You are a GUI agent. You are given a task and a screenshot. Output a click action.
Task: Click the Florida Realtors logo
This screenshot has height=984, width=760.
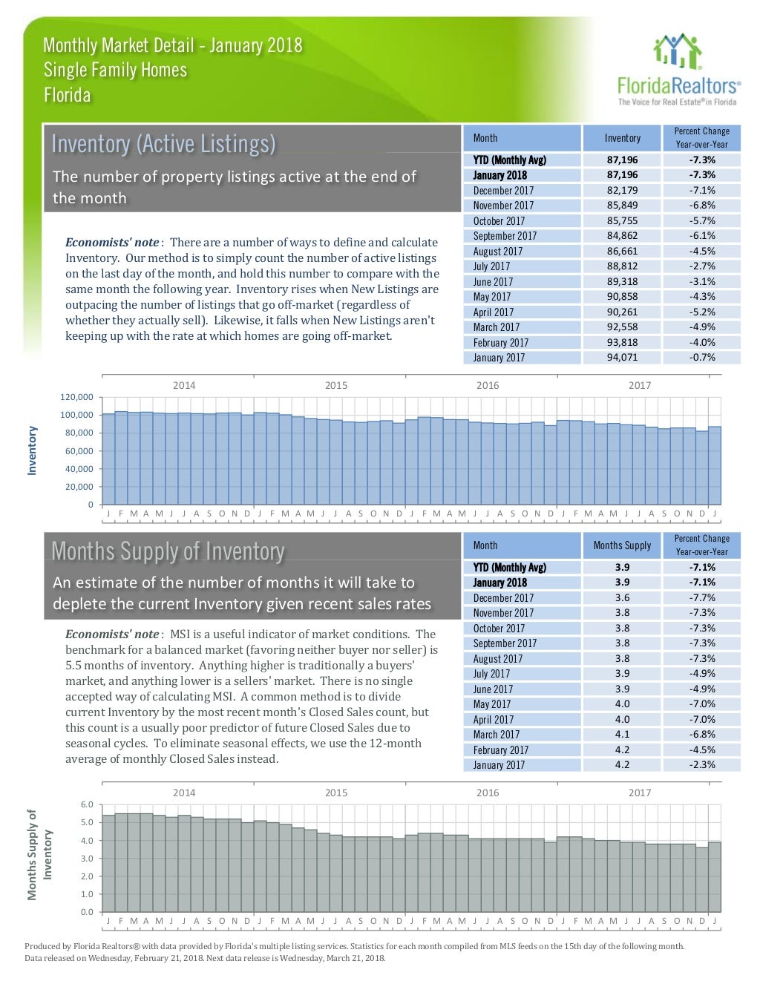coord(676,70)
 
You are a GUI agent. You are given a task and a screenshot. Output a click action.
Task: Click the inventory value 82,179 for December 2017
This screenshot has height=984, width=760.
coord(622,191)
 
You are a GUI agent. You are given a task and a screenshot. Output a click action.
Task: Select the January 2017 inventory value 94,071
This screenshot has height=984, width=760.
coord(622,358)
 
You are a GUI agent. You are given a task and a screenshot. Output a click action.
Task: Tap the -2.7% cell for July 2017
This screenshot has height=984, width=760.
coord(701,266)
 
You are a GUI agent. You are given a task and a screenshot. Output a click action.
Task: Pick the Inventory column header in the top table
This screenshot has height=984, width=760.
coord(622,138)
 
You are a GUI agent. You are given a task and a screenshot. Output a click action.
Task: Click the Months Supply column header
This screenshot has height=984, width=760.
coord(622,545)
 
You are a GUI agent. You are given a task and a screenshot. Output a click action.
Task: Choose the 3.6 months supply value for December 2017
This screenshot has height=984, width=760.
coord(622,598)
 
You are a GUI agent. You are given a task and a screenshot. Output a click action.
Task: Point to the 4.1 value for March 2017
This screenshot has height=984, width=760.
coord(622,735)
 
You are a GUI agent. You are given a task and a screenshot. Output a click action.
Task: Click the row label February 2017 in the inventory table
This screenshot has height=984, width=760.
coord(501,343)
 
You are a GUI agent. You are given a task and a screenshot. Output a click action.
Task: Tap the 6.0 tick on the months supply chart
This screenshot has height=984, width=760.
coord(86,804)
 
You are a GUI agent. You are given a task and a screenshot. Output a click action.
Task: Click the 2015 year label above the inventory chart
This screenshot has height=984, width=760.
coord(335,385)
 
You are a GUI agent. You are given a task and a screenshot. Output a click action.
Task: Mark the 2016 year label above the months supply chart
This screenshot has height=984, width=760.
coord(488,793)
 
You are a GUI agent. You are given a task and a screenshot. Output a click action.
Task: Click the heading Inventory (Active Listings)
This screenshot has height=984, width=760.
coord(164,143)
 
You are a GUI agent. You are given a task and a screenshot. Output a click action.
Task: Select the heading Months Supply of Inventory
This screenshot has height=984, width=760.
coord(168,551)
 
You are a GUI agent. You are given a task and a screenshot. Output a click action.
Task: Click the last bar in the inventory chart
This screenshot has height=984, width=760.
coord(714,465)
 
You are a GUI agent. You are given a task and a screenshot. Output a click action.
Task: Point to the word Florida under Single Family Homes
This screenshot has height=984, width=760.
coord(68,96)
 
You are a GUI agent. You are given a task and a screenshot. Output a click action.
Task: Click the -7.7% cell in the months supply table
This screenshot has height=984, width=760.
coord(701,598)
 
